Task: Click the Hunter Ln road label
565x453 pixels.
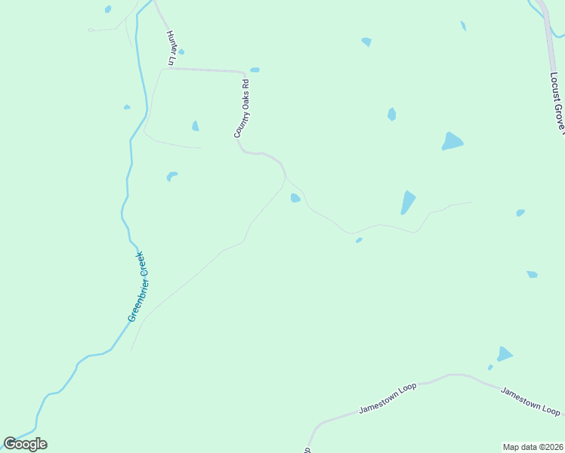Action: tap(171, 48)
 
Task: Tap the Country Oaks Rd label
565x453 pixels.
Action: tap(241, 109)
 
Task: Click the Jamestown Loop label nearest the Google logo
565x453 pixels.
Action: tap(387, 398)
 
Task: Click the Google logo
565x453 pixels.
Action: tap(25, 444)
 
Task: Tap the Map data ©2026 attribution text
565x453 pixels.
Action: tap(533, 446)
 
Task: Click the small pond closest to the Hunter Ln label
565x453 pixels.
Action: tap(181, 52)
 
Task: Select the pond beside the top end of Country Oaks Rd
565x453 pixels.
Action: tap(255, 70)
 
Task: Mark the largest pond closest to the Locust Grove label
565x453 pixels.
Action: tap(452, 141)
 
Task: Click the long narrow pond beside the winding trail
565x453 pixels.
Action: tap(408, 202)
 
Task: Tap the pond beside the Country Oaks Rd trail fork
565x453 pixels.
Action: tap(295, 198)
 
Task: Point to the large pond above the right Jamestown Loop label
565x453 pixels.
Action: tap(505, 353)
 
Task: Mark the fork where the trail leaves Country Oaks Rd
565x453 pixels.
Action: tap(286, 178)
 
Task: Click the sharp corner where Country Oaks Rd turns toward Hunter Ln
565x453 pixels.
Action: tap(242, 72)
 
